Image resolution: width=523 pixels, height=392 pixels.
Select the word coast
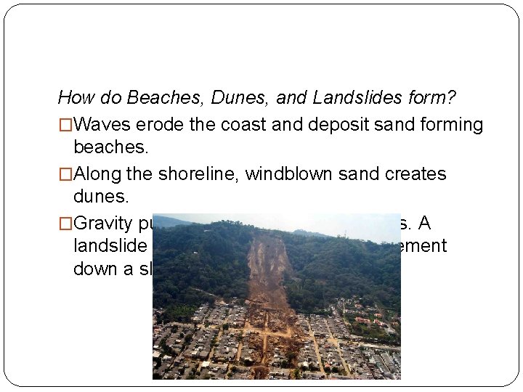(239, 125)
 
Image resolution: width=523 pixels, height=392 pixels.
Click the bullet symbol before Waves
(65, 126)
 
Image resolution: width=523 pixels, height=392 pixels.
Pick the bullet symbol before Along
(65, 175)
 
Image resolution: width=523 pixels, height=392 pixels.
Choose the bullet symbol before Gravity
(65, 223)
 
